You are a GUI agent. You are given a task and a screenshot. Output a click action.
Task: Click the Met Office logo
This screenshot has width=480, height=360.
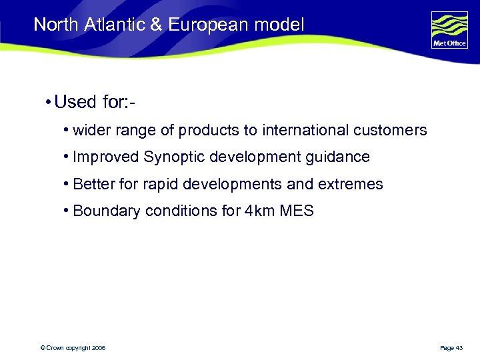tap(449, 29)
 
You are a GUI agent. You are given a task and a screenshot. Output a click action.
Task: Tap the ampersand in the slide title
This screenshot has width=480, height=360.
tap(157, 25)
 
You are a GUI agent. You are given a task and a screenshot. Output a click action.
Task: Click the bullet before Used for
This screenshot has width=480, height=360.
tap(49, 103)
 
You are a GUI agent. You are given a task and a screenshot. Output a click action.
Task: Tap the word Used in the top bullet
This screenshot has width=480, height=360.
tap(75, 103)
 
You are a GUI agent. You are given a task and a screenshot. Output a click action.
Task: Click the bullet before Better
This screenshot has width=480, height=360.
tap(67, 184)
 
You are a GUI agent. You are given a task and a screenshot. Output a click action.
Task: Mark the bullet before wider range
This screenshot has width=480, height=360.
tap(67, 130)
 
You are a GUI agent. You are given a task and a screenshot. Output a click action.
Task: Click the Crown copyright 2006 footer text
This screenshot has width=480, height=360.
tap(73, 348)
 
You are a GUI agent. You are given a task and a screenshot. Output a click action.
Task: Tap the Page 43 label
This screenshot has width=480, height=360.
tap(453, 348)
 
